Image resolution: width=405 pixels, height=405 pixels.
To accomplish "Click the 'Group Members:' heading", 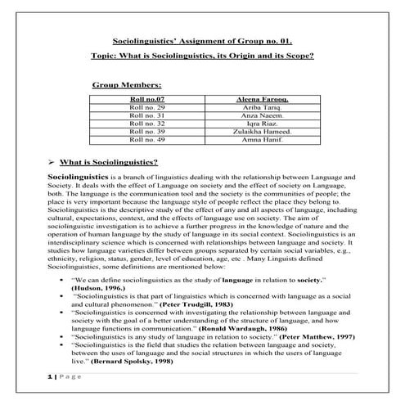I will point(127,84).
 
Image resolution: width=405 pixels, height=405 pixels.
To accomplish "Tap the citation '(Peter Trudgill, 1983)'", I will point(195,304).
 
